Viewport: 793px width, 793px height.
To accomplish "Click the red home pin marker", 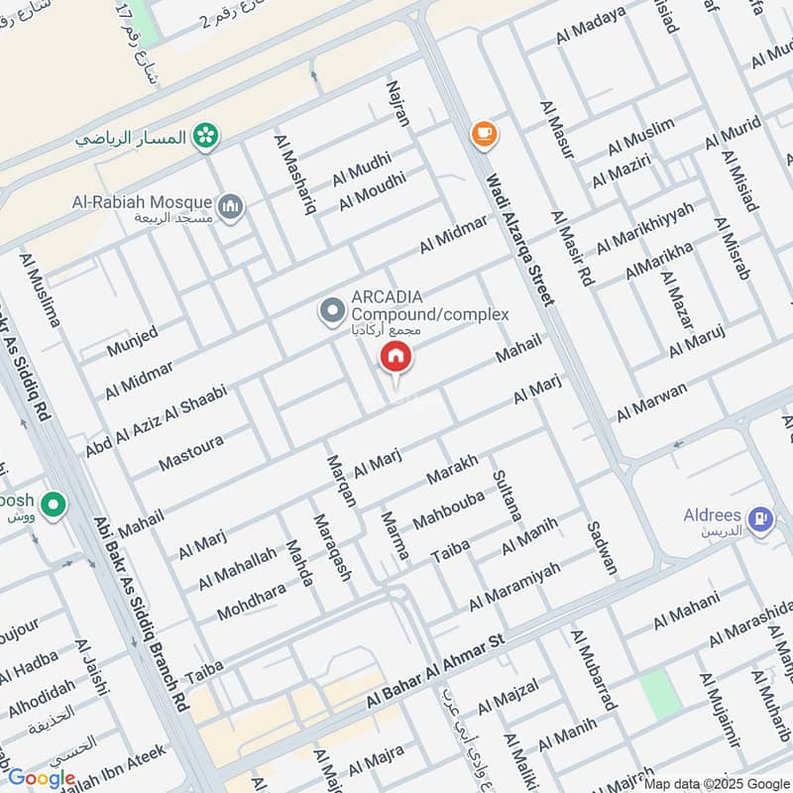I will click(x=395, y=357).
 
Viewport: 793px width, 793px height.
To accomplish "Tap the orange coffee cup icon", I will click(x=484, y=134).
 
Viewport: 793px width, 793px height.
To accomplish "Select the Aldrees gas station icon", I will click(x=760, y=517).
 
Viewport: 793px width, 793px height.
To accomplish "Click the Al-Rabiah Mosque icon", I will click(x=231, y=205).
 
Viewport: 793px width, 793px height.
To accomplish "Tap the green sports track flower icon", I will click(x=206, y=136).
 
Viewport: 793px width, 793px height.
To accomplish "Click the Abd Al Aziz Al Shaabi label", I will click(x=156, y=420).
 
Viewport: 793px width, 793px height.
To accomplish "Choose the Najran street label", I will click(x=396, y=105).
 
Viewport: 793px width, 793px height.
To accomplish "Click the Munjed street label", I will click(x=133, y=343).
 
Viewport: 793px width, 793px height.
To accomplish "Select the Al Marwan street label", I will click(x=651, y=401).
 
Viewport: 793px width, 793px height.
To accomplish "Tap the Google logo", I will click(x=42, y=778).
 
